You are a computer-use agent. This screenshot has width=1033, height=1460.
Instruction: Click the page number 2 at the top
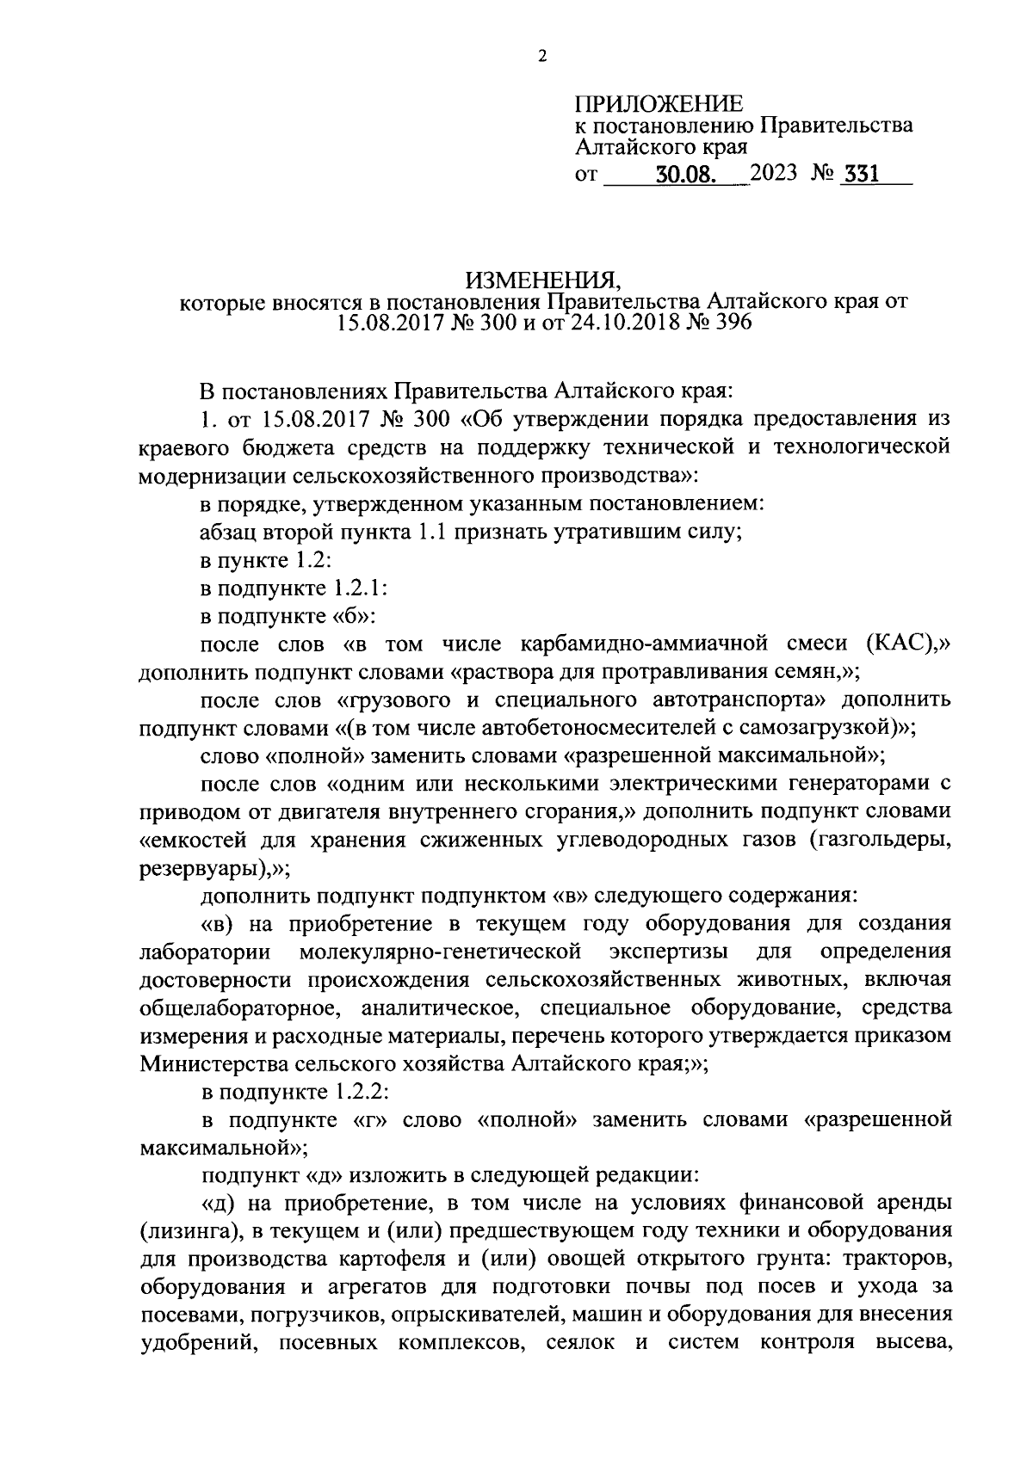[541, 57]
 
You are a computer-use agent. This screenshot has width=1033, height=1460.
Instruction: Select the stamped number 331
[862, 175]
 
